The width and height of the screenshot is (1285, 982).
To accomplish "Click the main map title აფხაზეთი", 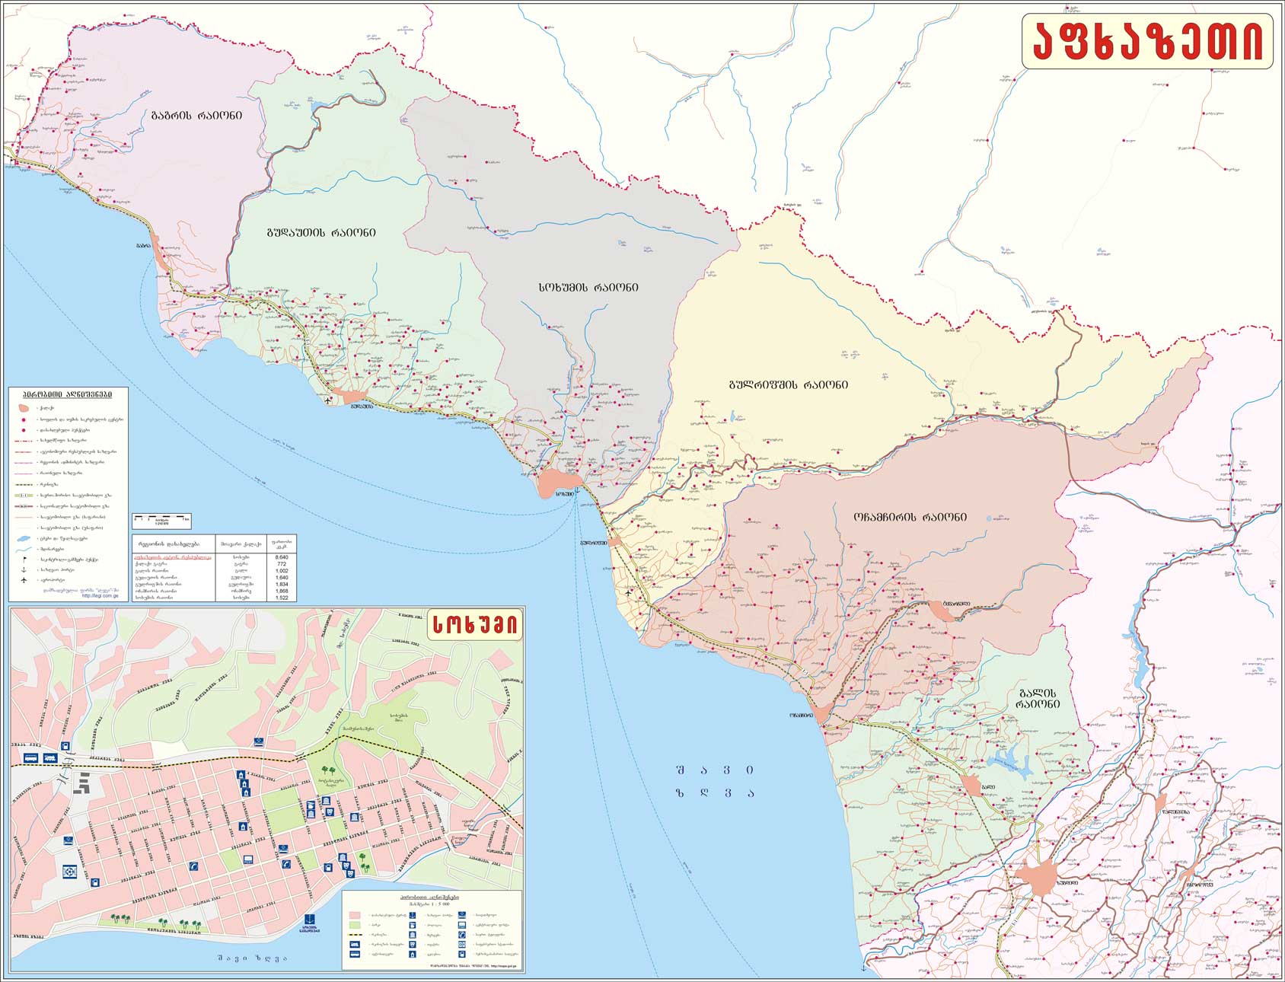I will click(x=1147, y=41).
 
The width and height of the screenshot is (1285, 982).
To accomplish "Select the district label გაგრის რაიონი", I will click(x=196, y=116).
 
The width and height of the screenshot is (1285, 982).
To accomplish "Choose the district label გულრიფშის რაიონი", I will click(x=788, y=385).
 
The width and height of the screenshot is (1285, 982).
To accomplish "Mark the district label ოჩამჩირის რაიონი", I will click(x=910, y=517).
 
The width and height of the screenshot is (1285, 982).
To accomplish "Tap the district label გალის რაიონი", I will click(x=1036, y=699).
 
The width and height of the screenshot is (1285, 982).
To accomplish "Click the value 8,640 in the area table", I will click(x=281, y=557).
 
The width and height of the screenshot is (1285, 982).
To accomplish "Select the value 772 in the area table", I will click(x=281, y=564).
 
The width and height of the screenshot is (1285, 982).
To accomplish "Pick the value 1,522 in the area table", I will click(x=281, y=598).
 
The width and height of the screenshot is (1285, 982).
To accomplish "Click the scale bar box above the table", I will click(x=161, y=521).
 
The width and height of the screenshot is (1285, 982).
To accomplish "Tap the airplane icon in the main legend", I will click(x=24, y=580).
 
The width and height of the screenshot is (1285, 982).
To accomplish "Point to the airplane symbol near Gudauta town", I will click(x=328, y=399).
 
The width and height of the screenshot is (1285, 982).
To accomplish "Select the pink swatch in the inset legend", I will click(x=354, y=914).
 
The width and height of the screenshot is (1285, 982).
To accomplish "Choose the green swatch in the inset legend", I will click(x=354, y=925).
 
